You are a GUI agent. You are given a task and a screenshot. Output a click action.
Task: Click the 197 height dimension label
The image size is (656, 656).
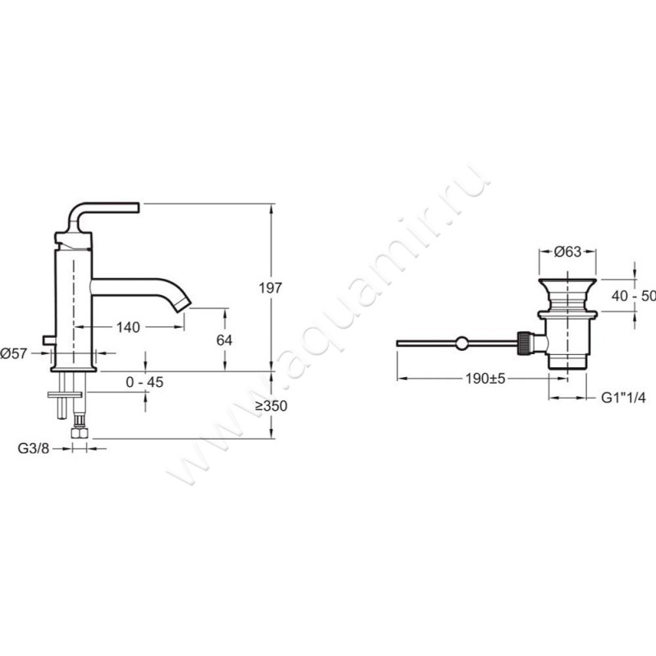coord(271,288)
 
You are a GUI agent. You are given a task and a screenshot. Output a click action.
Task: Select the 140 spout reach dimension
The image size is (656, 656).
coord(128,327)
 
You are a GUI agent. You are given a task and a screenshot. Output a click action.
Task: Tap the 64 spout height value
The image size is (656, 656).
coord(224,340)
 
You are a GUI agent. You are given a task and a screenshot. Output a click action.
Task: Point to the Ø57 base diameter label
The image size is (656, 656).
coord(14,353)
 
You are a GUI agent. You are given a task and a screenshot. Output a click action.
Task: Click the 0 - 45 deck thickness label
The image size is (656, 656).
coord(144,382)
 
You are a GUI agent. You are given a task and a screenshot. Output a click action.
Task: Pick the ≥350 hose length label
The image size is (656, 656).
coord(272,406)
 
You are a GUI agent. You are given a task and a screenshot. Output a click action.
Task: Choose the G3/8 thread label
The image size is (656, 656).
coord(34,449)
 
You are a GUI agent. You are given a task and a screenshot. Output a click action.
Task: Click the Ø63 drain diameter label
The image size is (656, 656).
coord(567,252)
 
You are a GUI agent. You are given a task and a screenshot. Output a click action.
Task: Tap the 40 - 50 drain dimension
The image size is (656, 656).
coord(633,296)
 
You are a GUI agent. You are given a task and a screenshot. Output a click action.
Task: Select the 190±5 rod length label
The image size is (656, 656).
coord(485,379)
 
